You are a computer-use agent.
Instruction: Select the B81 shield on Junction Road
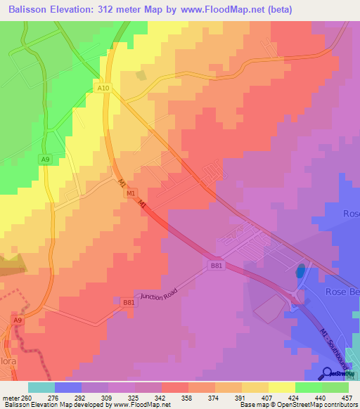click(x=129, y=302)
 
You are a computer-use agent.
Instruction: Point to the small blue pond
click(x=301, y=271)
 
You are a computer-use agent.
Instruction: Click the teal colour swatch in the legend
click(x=41, y=387)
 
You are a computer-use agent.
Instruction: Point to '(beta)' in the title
click(x=277, y=10)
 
